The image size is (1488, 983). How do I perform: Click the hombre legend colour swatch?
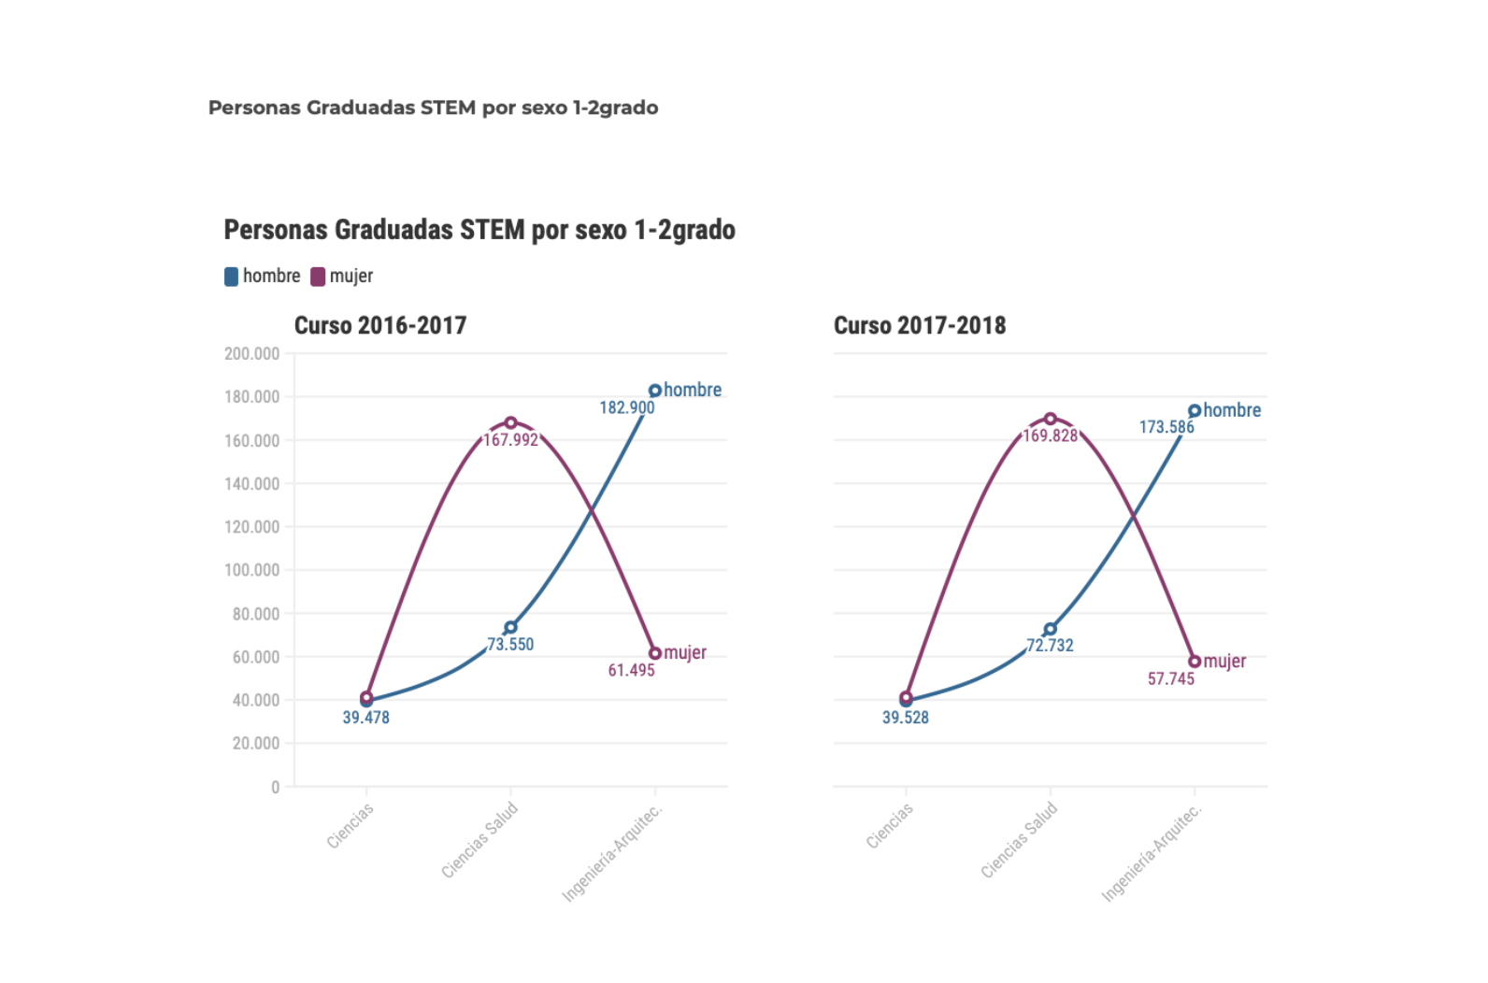point(231,277)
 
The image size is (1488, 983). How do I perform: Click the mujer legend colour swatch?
point(318,277)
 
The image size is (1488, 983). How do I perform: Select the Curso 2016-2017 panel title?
point(380,325)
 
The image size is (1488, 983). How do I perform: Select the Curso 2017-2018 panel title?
point(920,325)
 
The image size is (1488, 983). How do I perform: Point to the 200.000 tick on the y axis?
point(251,353)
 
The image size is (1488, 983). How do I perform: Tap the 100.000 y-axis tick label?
point(251,570)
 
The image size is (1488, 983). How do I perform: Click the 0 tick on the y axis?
point(275,787)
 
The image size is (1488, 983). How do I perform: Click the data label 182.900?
point(627,407)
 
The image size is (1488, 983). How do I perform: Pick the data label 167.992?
point(510,439)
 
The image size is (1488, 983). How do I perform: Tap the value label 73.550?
point(510,644)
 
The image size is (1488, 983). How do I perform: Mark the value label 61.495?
point(632,670)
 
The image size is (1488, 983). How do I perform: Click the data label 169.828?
point(1051,435)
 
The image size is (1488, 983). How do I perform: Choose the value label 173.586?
point(1166,427)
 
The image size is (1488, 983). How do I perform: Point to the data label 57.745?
point(1171,678)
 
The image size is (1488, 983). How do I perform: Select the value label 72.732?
point(1051,645)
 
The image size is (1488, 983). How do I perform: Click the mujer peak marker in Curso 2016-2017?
point(510,422)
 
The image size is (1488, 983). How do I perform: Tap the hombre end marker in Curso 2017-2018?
point(1195,411)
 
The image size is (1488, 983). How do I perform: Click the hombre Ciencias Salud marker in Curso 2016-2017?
point(510,627)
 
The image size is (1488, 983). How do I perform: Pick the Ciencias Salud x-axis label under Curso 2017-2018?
point(1019,840)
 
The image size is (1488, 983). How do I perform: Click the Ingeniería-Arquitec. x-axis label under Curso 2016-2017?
point(612,852)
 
